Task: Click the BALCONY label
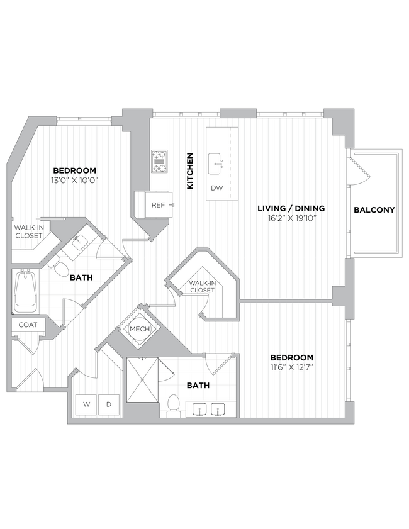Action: coord(374,209)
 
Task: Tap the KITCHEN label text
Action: coord(189,170)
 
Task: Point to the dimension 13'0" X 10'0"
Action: coord(75,180)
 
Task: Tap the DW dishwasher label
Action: coord(217,187)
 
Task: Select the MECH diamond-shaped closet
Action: coord(138,328)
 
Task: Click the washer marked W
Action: coord(87,404)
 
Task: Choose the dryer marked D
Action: coord(109,404)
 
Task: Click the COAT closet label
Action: coord(28,325)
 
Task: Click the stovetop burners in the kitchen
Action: coord(159,161)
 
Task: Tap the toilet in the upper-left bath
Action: coord(60,268)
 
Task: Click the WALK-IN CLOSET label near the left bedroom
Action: coord(28,231)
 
